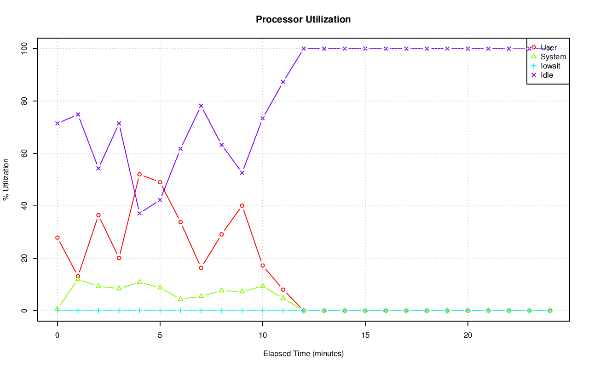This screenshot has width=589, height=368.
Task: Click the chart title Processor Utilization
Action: point(303,20)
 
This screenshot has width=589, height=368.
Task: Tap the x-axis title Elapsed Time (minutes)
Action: point(303,354)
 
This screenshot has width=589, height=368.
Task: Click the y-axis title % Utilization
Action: point(6,180)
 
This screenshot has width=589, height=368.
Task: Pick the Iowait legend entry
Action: point(550,66)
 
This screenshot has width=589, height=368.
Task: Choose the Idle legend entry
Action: point(547,75)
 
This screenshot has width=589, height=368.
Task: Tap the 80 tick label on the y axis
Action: point(23,101)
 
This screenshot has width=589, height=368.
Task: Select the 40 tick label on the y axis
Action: point(23,206)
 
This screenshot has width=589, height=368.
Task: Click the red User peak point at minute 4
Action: point(139,175)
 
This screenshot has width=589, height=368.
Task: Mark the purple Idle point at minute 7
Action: point(201,106)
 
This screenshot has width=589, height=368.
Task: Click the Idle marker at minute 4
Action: point(139,213)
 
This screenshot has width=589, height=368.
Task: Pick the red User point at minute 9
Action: point(242,206)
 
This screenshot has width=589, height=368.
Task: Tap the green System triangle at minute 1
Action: point(78,279)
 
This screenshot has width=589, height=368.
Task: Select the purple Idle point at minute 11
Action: point(283,82)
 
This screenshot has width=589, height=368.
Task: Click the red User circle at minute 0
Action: point(57,238)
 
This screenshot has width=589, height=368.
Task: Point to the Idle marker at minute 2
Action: point(98,168)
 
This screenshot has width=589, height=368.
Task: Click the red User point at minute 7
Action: point(201,267)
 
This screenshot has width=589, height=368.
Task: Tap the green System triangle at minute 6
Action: point(180,299)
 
